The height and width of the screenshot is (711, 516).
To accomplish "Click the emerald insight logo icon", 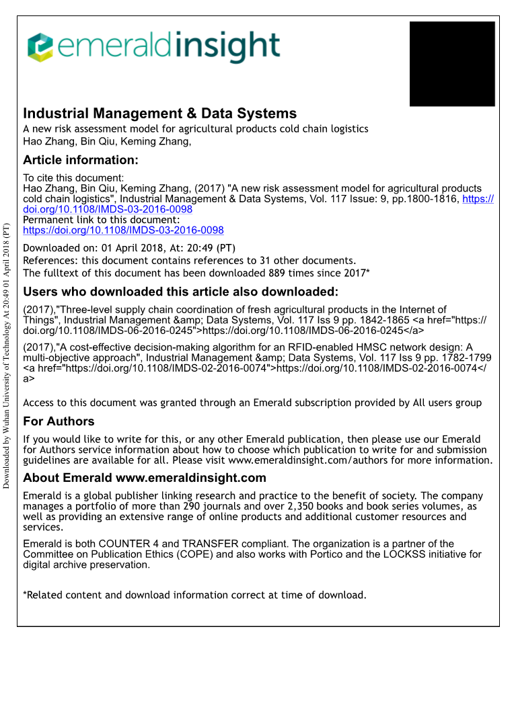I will pos(40,46).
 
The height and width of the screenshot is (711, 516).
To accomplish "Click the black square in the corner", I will pos(452,64).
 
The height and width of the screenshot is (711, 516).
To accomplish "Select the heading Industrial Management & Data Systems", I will pos(159,113).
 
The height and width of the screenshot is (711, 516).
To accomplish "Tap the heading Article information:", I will pos(81,160).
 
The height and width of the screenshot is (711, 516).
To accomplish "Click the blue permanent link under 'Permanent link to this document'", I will pos(123,230).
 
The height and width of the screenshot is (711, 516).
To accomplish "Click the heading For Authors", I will pos(59,421).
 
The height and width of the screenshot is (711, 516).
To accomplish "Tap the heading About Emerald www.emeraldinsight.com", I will pos(145,478).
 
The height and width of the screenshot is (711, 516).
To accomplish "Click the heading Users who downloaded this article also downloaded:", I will pos(180,292).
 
